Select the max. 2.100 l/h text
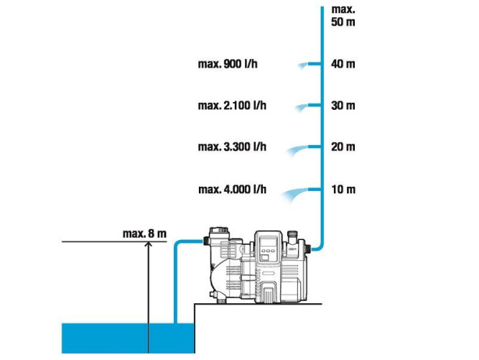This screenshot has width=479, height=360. (232, 106)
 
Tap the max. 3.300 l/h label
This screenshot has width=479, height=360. (232, 147)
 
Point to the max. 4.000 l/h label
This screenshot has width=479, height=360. (232, 190)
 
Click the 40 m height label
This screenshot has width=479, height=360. (343, 64)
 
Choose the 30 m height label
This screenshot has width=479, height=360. (343, 106)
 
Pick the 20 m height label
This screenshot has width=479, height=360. (343, 147)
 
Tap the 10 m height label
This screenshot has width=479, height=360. (343, 190)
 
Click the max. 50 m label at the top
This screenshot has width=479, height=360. (343, 16)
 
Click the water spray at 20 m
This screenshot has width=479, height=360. (299, 149)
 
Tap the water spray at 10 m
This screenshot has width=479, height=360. (296, 192)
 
